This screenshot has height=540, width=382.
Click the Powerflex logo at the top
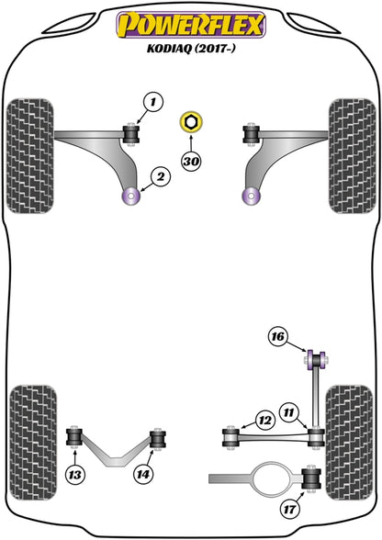point(191,25)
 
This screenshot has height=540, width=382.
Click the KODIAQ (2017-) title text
point(191,49)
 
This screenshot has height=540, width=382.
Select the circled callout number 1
point(153,102)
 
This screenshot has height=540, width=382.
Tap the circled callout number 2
point(161,177)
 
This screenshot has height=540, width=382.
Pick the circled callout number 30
point(191,161)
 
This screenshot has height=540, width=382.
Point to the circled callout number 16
point(278,336)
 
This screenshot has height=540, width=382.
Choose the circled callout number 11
point(288,411)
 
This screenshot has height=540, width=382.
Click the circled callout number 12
point(264,421)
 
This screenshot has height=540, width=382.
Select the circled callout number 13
point(74,476)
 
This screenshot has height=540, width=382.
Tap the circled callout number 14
point(143,475)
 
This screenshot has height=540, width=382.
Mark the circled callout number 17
point(289,509)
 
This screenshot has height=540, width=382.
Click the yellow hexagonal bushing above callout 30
point(191,121)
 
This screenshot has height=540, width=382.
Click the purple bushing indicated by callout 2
point(131,196)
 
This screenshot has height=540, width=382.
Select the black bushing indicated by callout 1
point(131,134)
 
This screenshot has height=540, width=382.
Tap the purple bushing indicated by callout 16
point(317,360)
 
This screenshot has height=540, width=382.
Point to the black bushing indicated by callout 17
point(311,478)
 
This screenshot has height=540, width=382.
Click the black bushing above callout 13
point(74,437)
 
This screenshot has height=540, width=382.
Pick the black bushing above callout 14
point(158,439)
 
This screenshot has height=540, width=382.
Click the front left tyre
point(30,156)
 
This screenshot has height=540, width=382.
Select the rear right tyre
point(350,443)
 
